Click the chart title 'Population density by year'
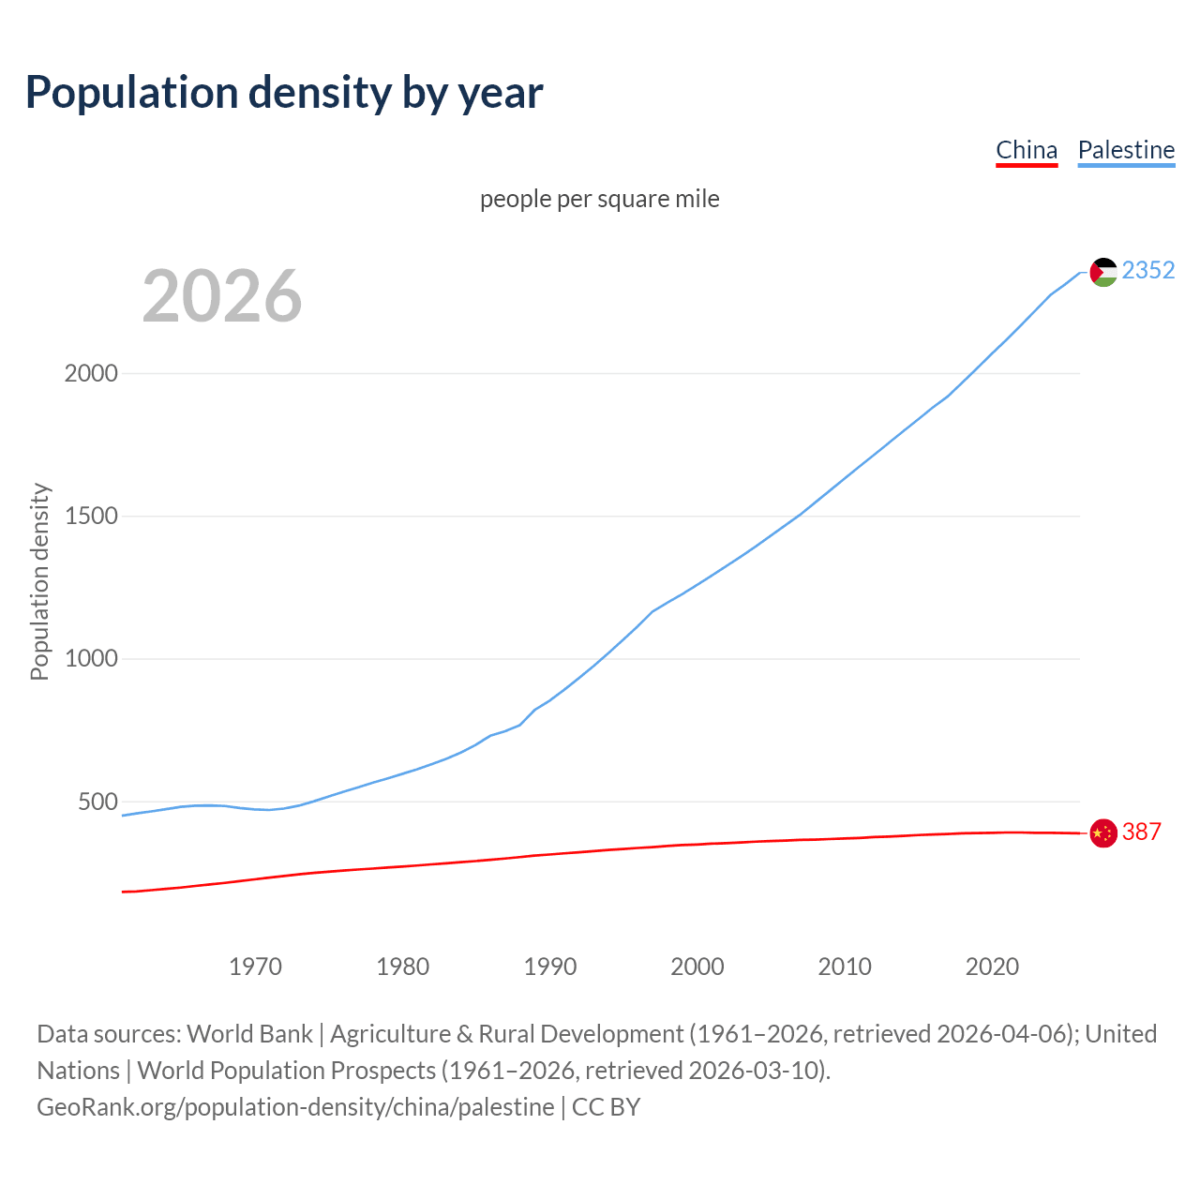(284, 93)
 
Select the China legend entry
(1027, 150)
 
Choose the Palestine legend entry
(1126, 150)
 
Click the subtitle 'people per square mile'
(600, 199)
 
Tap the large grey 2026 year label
(222, 296)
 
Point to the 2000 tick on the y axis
(91, 373)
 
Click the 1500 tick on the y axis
(91, 516)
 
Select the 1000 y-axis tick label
(91, 659)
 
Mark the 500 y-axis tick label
(97, 802)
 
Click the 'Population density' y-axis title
(39, 581)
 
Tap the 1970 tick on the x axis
(255, 966)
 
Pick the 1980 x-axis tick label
(402, 966)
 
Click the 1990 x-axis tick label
(550, 966)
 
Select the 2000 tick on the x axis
(697, 966)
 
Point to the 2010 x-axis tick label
(845, 966)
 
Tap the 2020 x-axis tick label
(992, 966)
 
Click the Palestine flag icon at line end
(1103, 272)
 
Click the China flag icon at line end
(1103, 832)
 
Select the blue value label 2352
(1148, 270)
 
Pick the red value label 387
(1142, 832)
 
